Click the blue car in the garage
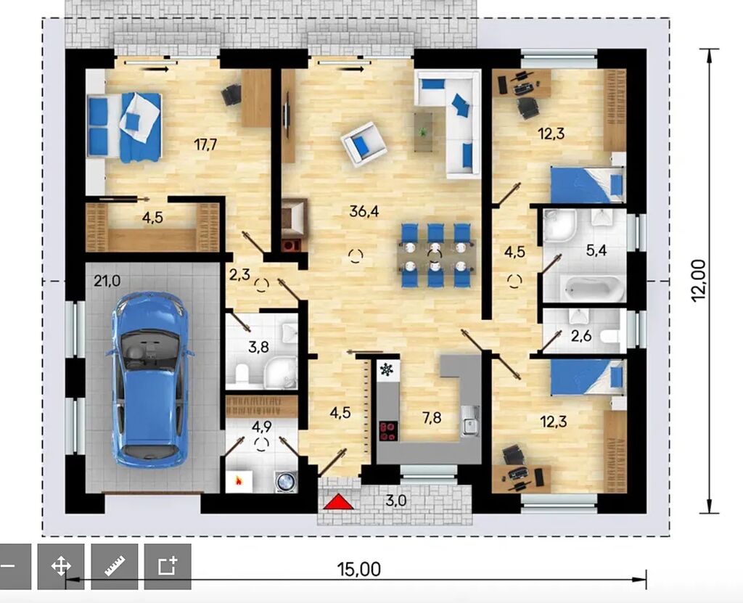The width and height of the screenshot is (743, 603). point(149,380)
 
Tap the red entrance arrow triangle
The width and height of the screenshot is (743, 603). point(338,501)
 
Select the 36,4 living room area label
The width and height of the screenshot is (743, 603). point(364,211)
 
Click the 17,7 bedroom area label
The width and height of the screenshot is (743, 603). point(205,144)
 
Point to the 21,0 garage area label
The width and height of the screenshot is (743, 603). point(107,281)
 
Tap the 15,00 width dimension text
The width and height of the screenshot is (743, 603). point(358,569)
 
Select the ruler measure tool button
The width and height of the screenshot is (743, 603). point(114,566)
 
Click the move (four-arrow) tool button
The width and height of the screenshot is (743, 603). point(61,566)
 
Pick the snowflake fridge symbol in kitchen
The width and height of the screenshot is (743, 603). point(387,369)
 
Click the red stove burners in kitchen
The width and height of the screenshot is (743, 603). point(389,430)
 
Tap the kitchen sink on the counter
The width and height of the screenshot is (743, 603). point(470,421)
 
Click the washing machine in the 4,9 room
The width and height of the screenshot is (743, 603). point(286,482)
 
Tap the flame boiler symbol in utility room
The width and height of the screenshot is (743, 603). point(239,481)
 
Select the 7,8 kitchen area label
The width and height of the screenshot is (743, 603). point(432,418)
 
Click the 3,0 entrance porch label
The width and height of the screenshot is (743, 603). point(395,500)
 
